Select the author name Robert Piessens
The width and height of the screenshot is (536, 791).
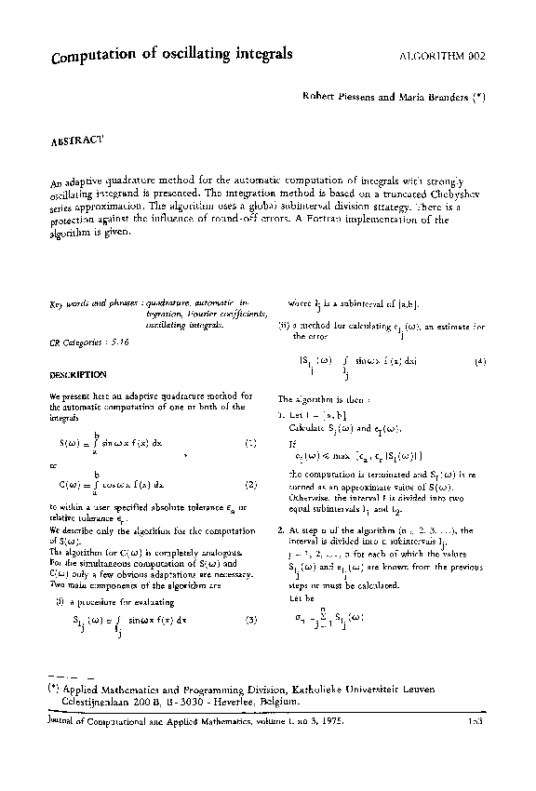point(342,97)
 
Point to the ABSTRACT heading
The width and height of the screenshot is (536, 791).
point(75,141)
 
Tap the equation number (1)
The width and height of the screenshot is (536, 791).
point(250,443)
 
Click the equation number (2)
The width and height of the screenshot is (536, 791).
point(250,484)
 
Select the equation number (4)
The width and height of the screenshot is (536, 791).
point(479,360)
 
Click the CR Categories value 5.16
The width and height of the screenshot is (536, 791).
point(119,342)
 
